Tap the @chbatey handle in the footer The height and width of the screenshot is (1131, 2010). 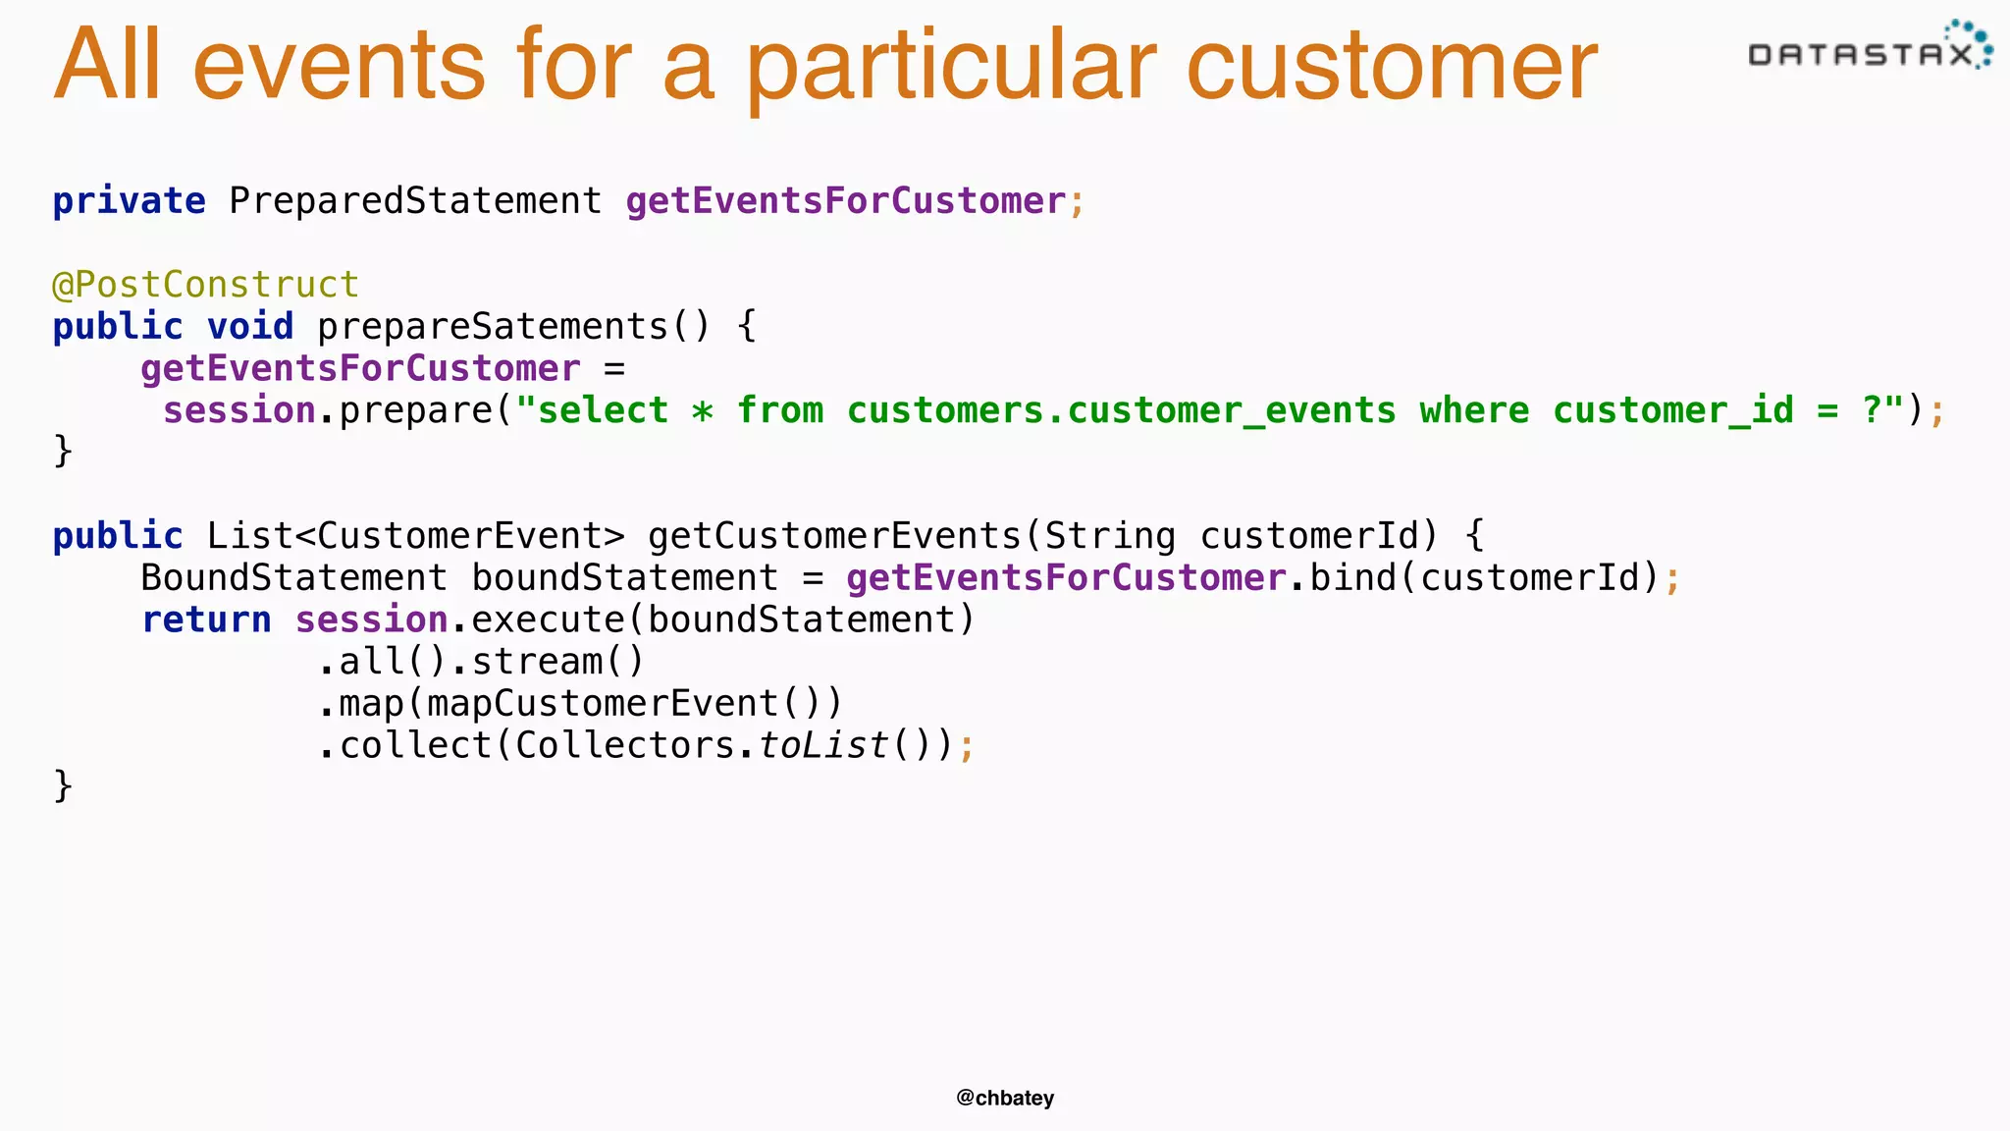coord(1005,1098)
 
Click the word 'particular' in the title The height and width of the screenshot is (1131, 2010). coord(951,67)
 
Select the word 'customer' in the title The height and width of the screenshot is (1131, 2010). coord(1392,67)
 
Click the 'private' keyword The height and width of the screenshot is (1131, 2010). coord(129,201)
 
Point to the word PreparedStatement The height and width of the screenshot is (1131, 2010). coord(415,201)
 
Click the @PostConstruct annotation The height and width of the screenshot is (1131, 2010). coord(205,285)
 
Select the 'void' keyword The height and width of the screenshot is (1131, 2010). coord(249,327)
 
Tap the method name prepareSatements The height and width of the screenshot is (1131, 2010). coord(492,327)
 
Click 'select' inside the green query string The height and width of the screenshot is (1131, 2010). coord(603,410)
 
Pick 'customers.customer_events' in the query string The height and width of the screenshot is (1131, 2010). coord(1121,410)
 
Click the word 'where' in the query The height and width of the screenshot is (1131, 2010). coord(1474,410)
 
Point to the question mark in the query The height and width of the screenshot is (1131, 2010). coord(1872,410)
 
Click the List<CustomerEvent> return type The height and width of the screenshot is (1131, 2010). coord(415,536)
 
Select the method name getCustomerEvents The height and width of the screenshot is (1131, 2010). coord(834,536)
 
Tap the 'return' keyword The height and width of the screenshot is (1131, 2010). coord(206,620)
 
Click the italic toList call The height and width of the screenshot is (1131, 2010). coord(822,746)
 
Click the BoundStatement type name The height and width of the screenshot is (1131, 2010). coord(293,578)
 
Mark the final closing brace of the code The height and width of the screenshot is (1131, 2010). coord(63,786)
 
